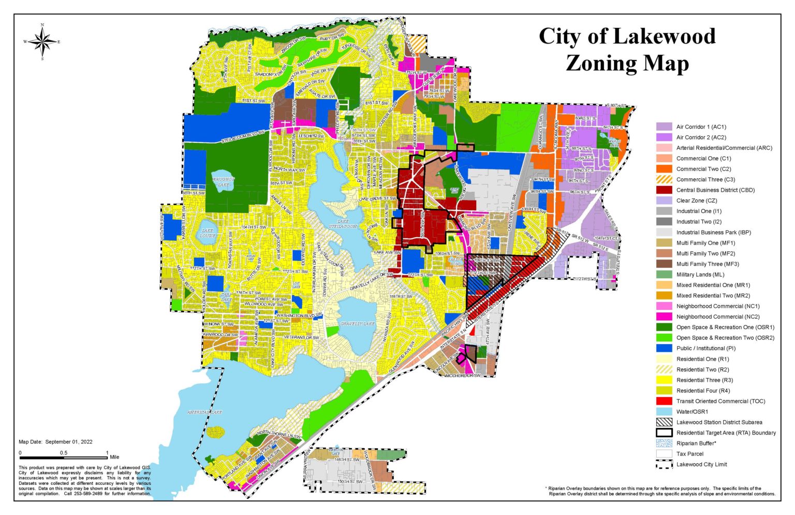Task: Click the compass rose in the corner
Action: (x=42, y=41)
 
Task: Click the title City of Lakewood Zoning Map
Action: (x=627, y=50)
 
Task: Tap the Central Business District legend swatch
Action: (x=664, y=190)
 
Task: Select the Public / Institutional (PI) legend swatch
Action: (x=664, y=348)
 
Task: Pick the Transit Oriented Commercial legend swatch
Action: (x=664, y=401)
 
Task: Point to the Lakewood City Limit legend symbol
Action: (x=664, y=464)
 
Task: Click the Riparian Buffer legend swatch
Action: (x=664, y=444)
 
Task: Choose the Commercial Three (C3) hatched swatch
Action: (x=664, y=179)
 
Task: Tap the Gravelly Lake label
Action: (x=357, y=324)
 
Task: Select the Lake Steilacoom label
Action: (x=343, y=223)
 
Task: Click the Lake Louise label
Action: (x=208, y=233)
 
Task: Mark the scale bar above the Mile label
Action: (x=64, y=457)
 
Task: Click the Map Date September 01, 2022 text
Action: (x=55, y=442)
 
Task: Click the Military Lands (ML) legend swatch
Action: (x=664, y=275)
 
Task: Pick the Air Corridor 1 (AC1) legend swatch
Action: (x=664, y=127)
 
